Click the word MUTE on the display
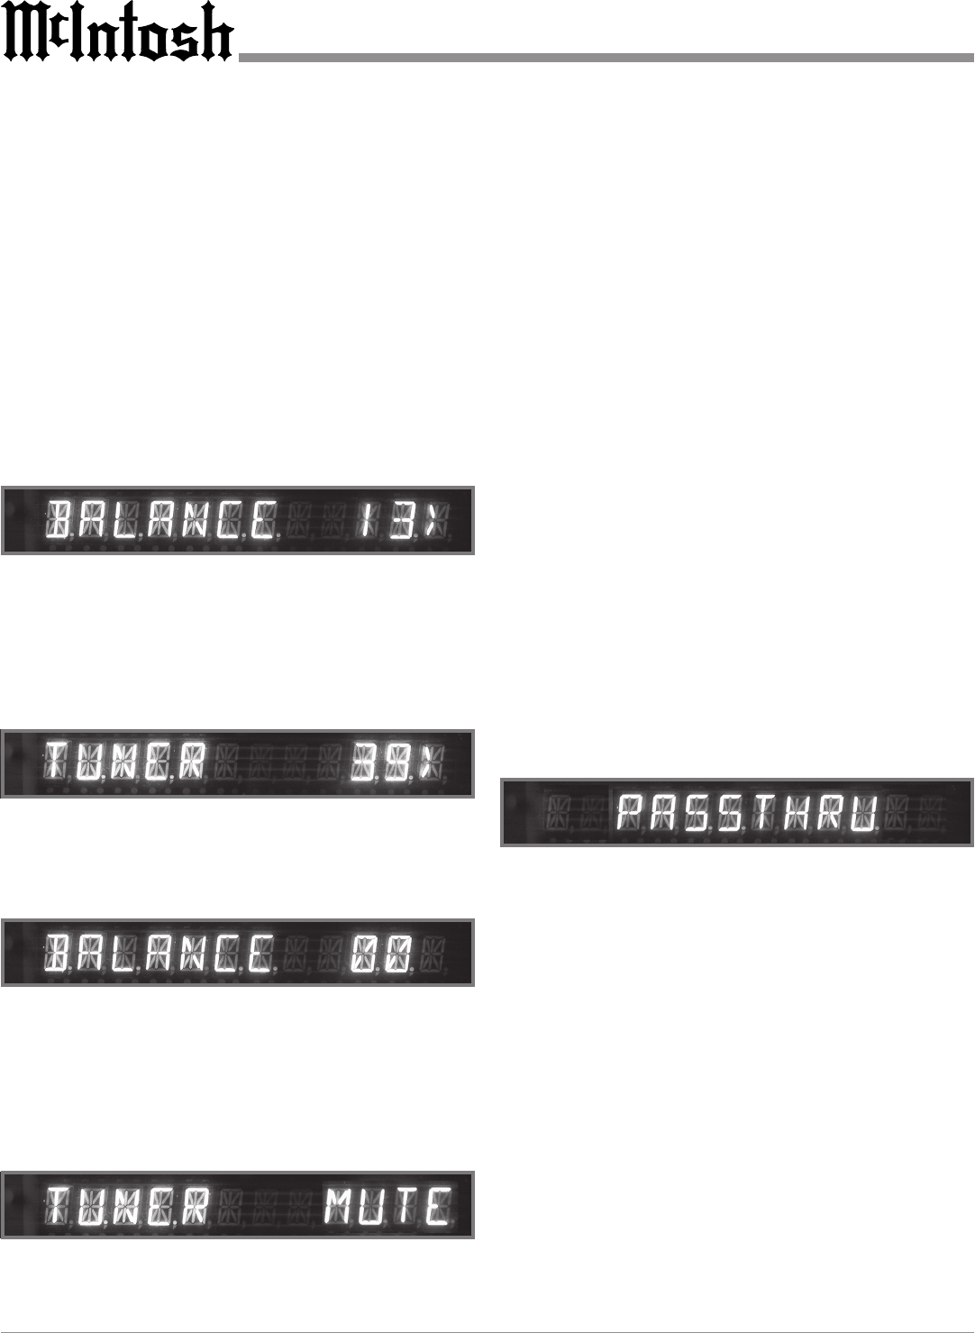tap(388, 1205)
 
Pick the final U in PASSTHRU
tap(863, 814)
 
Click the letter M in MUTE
tap(340, 1205)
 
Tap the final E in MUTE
tap(439, 1205)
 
